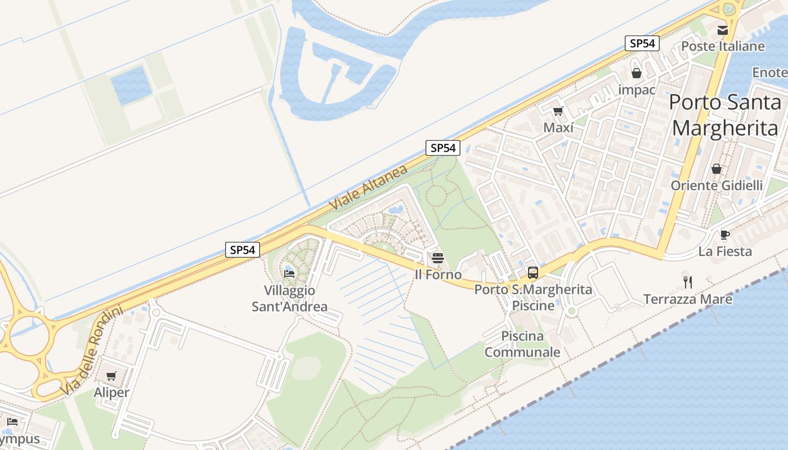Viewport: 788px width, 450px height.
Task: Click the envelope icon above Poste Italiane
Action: pos(722,30)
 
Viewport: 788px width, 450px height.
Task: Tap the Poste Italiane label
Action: pos(723,46)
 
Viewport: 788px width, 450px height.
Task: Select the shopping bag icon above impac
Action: pos(637,73)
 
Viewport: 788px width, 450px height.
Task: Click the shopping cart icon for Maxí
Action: pos(558,111)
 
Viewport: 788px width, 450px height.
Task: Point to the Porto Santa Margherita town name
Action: pos(726,115)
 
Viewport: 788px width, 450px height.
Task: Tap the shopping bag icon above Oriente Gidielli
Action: pos(717,169)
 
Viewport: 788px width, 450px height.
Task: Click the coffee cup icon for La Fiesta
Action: pos(724,235)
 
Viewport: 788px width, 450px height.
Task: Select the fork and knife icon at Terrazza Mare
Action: pos(687,282)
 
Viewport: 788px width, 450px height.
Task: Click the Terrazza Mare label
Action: pos(688,299)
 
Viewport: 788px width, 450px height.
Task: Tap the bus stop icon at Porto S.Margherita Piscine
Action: pos(532,273)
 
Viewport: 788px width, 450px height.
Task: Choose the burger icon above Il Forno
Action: pos(438,258)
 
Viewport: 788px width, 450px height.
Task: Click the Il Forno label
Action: pos(438,274)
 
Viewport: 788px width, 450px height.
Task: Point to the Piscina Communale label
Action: pos(522,344)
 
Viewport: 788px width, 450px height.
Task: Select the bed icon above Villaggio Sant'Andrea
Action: pos(289,274)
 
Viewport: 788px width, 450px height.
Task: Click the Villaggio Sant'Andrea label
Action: pos(289,299)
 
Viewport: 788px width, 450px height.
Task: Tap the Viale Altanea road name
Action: pos(368,188)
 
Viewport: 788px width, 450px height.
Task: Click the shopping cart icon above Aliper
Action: pos(111,376)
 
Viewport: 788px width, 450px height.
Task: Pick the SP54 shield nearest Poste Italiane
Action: pos(642,43)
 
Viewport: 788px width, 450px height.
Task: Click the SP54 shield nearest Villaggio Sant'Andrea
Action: pos(243,250)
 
